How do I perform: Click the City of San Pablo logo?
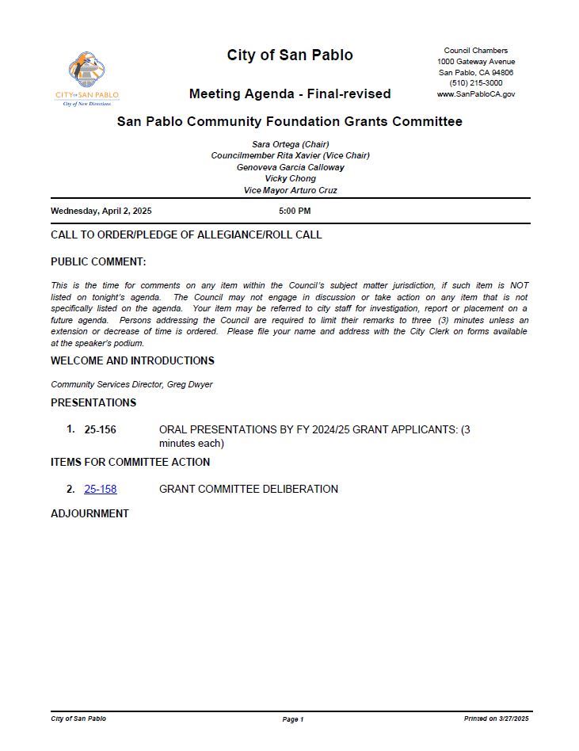click(87, 78)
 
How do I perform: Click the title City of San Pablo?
click(290, 55)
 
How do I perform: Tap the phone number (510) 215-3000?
click(475, 83)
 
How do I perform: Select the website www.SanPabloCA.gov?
click(475, 94)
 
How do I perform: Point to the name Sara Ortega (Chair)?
click(290, 144)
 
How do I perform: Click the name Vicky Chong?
click(290, 179)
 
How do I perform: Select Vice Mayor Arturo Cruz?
click(290, 190)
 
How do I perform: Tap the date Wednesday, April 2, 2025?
click(101, 212)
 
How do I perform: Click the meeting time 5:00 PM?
click(295, 212)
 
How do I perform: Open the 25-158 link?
click(101, 490)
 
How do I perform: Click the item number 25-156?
click(101, 429)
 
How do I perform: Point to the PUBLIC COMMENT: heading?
click(98, 262)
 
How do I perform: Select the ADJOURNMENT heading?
click(90, 513)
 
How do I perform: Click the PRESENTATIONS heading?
click(93, 402)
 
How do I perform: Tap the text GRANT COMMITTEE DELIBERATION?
click(249, 490)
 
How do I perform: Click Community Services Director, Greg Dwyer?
click(131, 385)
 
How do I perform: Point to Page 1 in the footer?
click(292, 719)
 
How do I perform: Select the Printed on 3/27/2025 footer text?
click(496, 719)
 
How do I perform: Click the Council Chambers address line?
click(475, 51)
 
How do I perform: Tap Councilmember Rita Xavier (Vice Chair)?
click(290, 156)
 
